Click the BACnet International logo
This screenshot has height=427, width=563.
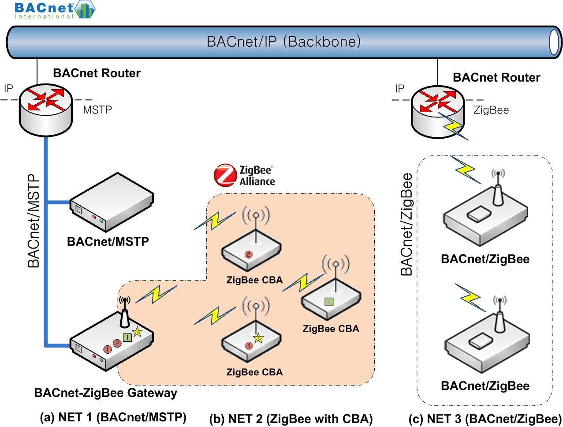click(55, 10)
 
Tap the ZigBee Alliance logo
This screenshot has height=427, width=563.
click(245, 175)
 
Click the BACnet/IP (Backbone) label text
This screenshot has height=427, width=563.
click(283, 42)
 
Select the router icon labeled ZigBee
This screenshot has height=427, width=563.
click(438, 112)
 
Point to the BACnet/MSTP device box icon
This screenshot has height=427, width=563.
click(112, 203)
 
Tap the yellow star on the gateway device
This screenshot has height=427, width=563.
click(137, 331)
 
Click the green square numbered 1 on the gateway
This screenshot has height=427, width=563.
click(127, 338)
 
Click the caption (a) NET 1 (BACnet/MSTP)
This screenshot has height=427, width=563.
click(113, 417)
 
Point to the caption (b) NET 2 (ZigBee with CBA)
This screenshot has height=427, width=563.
click(291, 419)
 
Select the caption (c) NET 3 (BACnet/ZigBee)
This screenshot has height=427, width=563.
click(485, 419)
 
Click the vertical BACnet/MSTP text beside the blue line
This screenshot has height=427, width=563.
click(34, 221)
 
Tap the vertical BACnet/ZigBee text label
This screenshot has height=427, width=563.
click(406, 224)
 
